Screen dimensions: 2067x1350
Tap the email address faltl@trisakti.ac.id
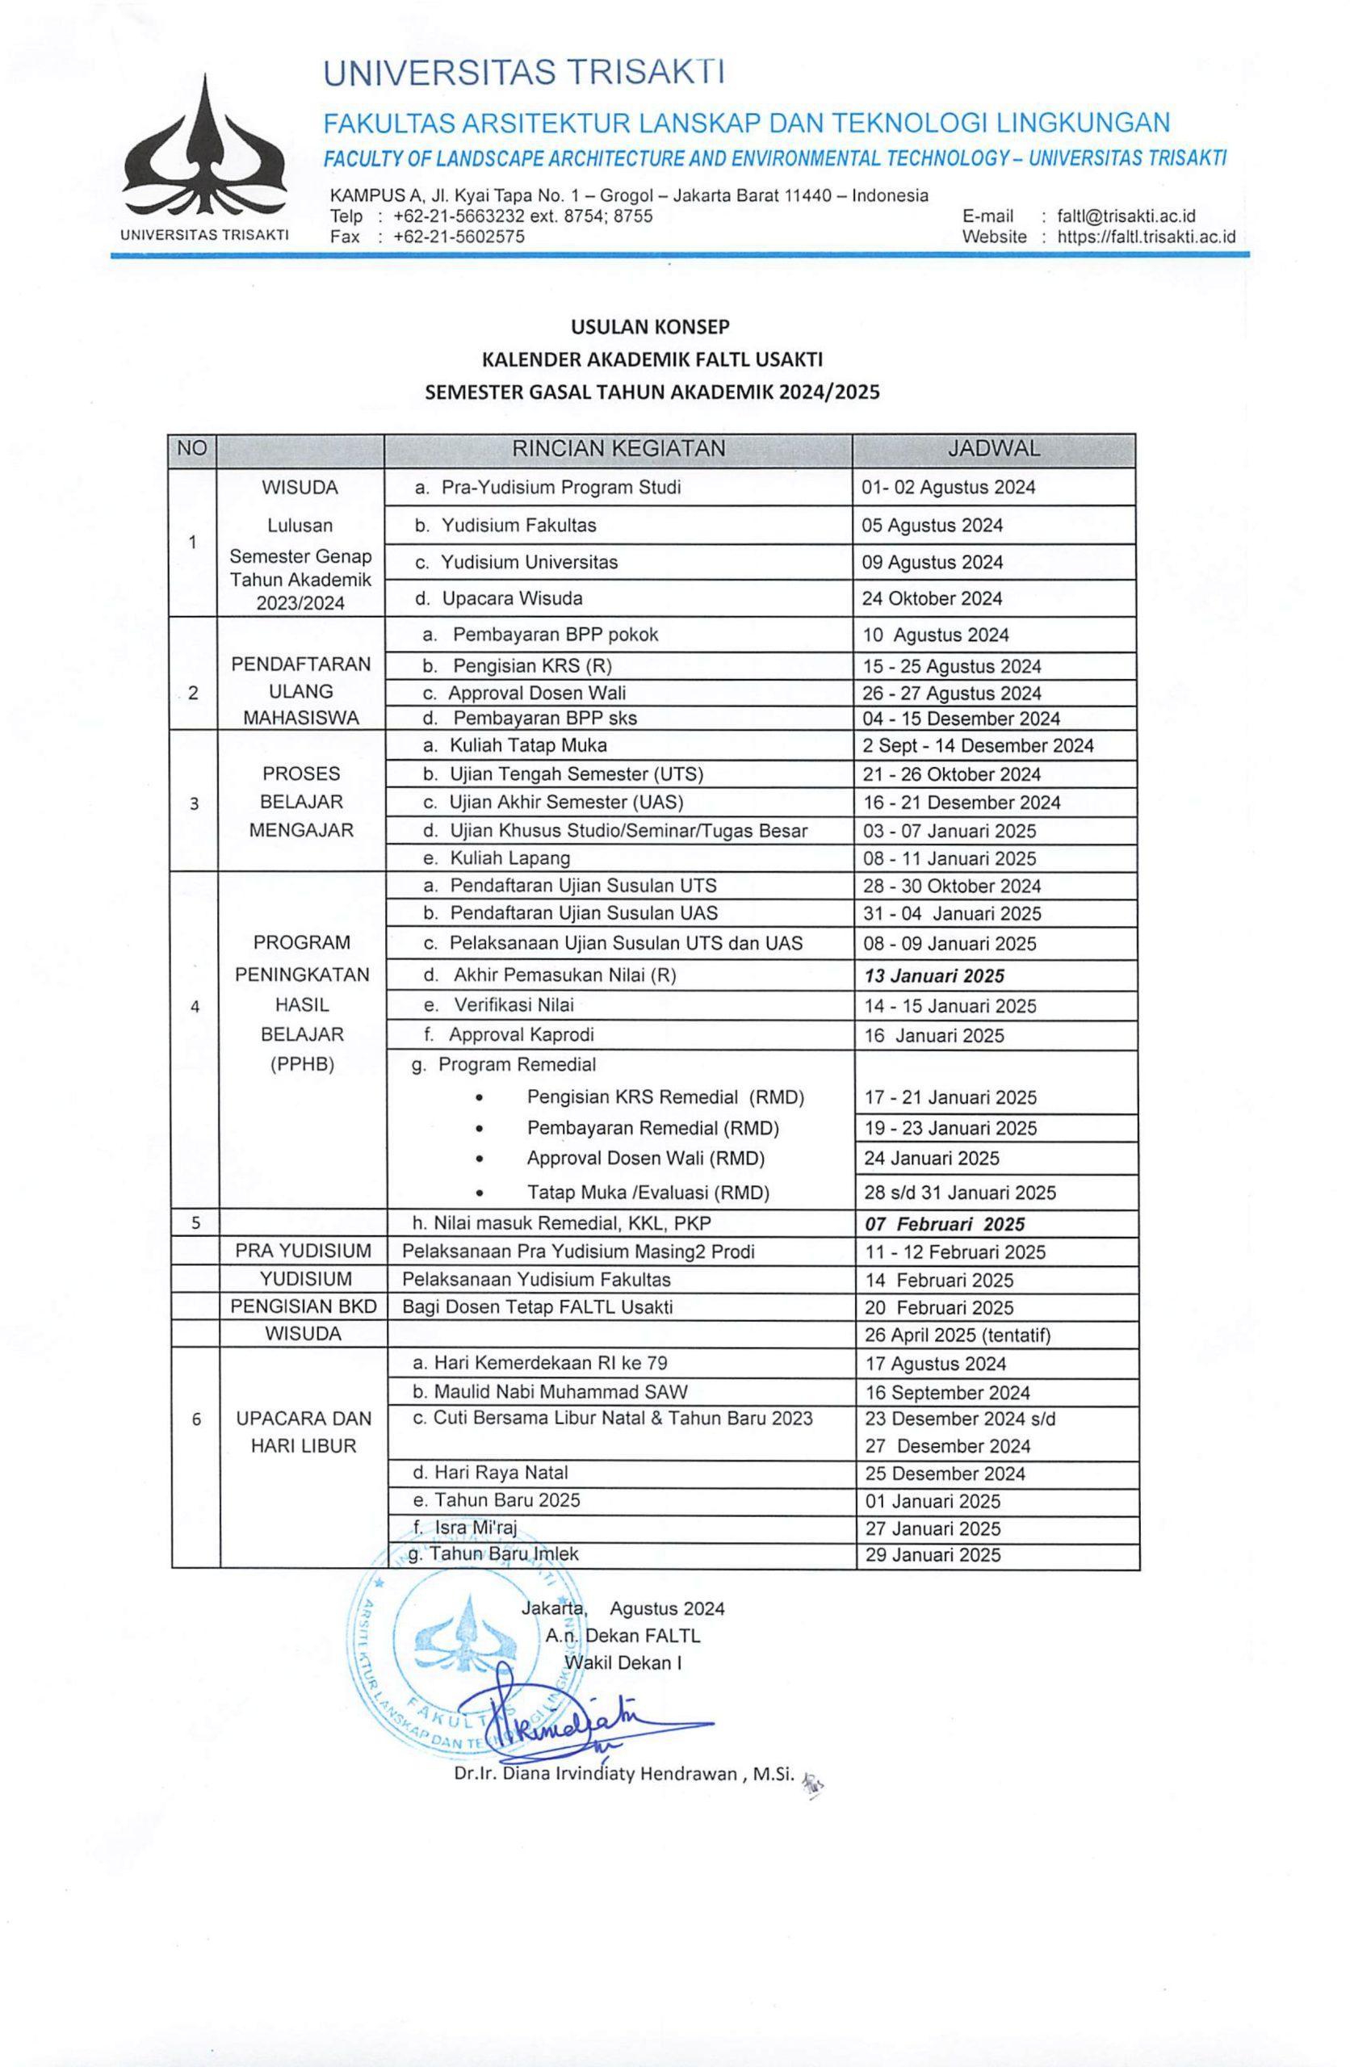[x=1125, y=216]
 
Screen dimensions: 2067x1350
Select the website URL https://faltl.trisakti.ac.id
[x=1145, y=237]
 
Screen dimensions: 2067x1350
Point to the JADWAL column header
[x=993, y=449]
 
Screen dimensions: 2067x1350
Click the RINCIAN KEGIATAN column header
[x=618, y=449]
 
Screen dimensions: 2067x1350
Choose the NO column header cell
[x=192, y=449]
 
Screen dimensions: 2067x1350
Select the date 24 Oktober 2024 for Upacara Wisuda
[x=931, y=598]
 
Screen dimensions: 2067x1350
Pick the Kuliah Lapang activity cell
[x=509, y=858]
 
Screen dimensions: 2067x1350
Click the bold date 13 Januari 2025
[x=934, y=975]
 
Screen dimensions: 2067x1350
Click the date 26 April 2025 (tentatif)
[x=958, y=1335]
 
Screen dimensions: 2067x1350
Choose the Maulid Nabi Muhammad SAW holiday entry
[x=550, y=1392]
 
